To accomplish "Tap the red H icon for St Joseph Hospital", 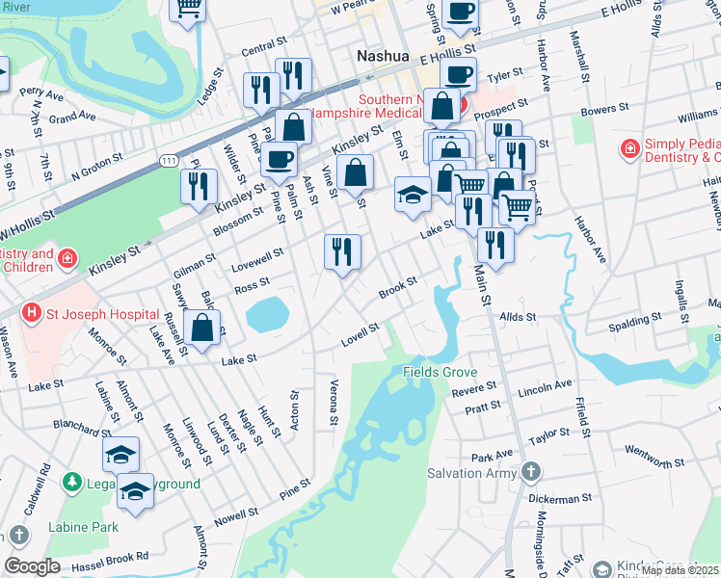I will (32, 313).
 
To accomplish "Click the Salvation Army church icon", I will (530, 472).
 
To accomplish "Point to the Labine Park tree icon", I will (19, 533).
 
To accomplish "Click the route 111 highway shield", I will (169, 159).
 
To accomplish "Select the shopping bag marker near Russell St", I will (203, 328).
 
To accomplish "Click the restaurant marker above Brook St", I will (342, 252).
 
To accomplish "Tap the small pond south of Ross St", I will (267, 312).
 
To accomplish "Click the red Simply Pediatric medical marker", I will (629, 149).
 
